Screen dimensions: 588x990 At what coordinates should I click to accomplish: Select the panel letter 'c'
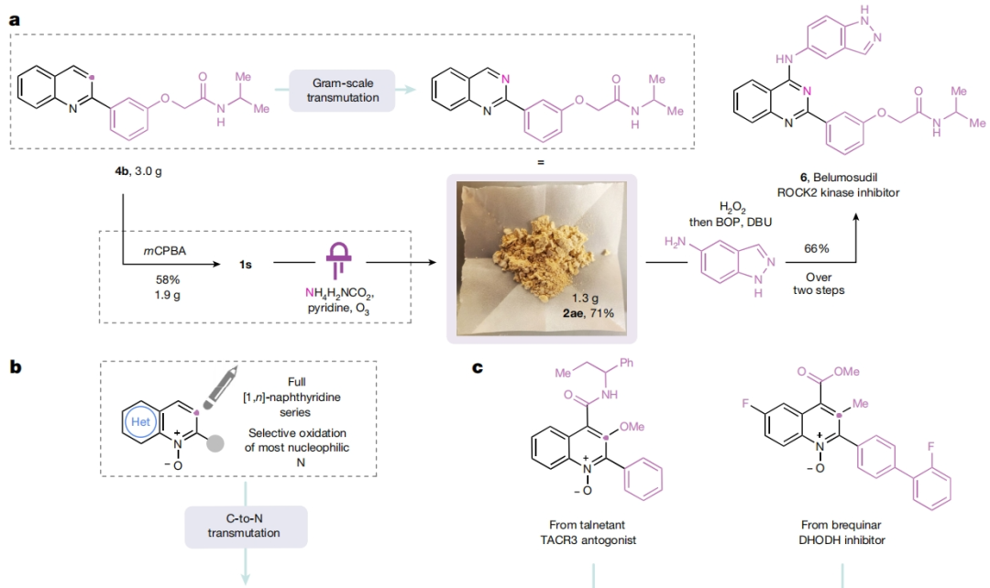coord(478,368)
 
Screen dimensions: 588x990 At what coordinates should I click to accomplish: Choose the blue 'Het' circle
coord(146,423)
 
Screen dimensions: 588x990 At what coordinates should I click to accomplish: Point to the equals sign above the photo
coord(541,162)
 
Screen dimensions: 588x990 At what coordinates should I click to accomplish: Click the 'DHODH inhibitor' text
coord(841,540)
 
